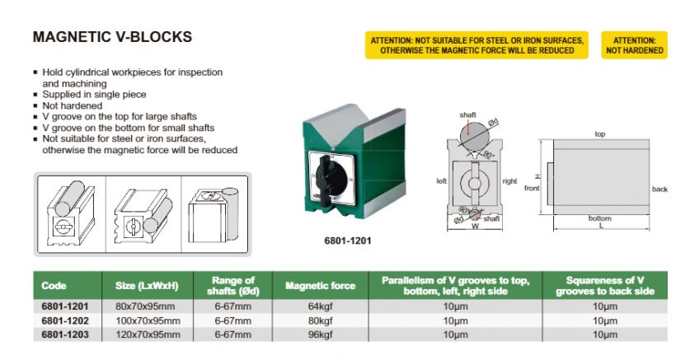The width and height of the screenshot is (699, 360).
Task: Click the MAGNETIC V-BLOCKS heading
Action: coord(112,37)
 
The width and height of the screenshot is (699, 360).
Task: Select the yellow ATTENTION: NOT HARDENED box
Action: coord(635,45)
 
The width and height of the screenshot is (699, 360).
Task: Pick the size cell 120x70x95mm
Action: coord(142,334)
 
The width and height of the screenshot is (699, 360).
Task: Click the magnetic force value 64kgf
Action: coord(320,306)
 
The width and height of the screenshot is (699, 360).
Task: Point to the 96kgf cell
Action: coord(320,334)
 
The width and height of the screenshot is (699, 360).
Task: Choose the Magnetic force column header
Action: coord(320,286)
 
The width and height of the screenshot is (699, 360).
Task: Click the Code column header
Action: coord(54,286)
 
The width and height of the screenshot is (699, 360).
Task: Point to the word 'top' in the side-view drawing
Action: coord(600,133)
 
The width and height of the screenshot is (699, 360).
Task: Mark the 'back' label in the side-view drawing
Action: coord(659,189)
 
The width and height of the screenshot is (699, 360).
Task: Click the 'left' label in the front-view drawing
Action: coord(441,180)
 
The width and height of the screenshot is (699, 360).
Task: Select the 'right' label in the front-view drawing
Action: coord(509,180)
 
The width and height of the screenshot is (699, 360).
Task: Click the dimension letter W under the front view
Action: coord(475,227)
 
